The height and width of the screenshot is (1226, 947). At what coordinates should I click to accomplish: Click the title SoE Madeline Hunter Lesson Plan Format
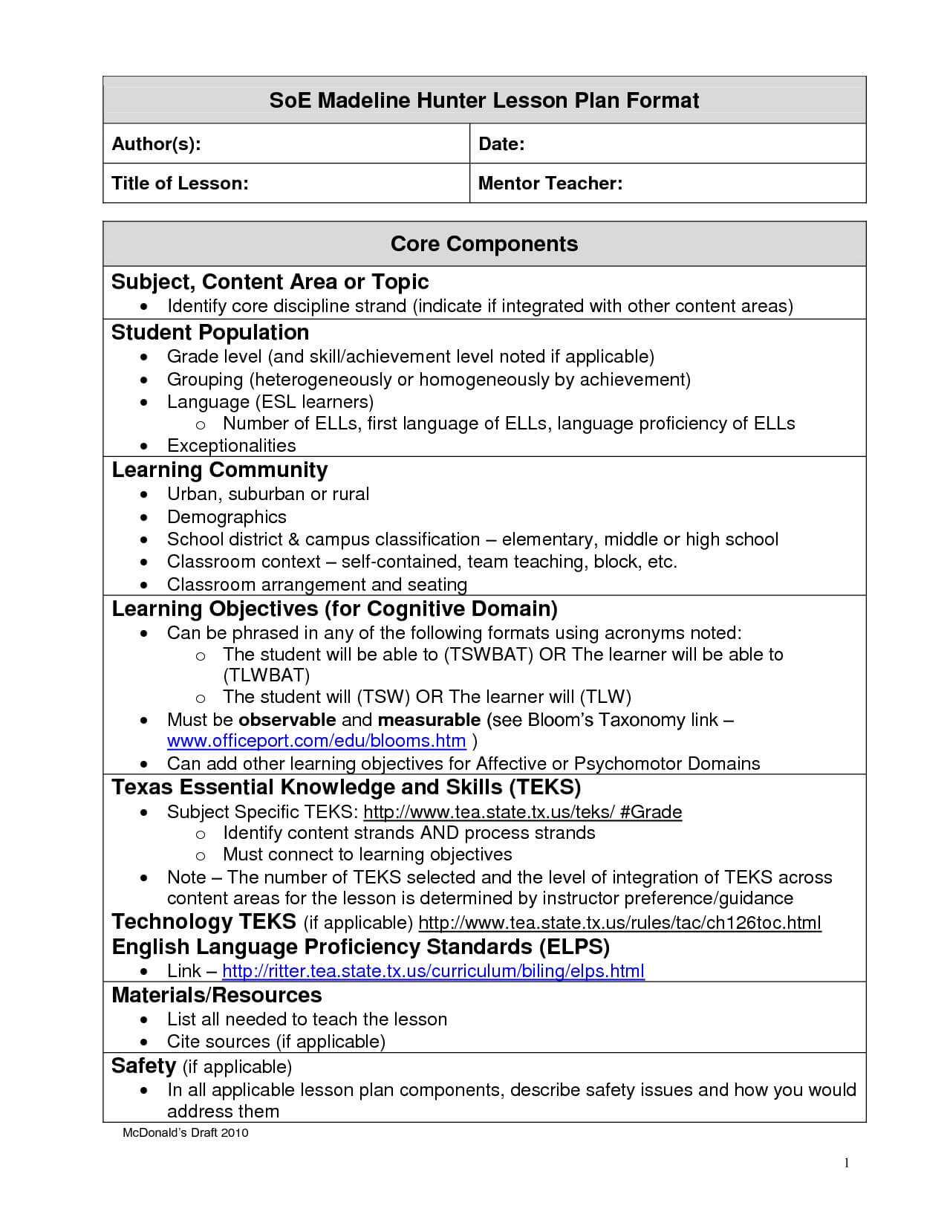[484, 100]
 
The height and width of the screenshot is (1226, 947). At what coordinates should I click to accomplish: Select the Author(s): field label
[156, 144]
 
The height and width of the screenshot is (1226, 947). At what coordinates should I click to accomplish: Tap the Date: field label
[501, 144]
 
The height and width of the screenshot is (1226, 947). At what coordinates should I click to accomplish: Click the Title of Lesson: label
[180, 183]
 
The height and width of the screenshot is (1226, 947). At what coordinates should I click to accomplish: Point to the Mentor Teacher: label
[550, 183]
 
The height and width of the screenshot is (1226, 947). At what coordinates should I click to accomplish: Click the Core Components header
[484, 244]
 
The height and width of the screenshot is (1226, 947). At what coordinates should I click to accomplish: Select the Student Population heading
[210, 332]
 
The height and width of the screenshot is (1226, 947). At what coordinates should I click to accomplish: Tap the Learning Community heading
[219, 470]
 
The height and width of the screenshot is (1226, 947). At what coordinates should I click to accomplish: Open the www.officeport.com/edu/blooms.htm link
[316, 741]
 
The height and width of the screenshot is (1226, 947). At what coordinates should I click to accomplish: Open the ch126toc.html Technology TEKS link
[619, 923]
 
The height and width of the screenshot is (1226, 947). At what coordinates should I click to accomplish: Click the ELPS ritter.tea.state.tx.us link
[433, 970]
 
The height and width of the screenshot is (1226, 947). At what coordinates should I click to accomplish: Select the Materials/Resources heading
[216, 995]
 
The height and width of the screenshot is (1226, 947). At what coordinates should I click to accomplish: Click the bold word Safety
[143, 1066]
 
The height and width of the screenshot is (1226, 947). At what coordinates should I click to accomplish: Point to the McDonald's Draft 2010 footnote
[185, 1132]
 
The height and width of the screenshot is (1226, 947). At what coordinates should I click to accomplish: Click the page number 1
[846, 1163]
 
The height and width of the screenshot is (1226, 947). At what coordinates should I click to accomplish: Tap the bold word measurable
[429, 719]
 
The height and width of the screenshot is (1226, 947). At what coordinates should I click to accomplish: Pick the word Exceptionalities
[231, 445]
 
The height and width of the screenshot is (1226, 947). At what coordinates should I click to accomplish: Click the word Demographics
[227, 516]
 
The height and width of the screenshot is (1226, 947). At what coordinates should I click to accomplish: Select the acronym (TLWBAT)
[267, 675]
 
